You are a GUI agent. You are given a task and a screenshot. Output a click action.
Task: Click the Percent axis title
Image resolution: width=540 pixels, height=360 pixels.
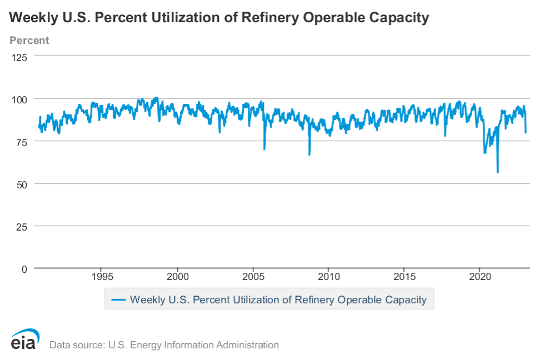pos(29,41)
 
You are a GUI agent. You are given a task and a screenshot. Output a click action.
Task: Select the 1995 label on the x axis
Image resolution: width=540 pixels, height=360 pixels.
pos(101,277)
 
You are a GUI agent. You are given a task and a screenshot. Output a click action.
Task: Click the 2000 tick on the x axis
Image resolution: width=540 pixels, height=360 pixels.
pos(177,277)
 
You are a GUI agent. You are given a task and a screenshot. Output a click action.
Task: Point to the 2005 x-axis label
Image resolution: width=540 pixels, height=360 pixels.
pos(253,277)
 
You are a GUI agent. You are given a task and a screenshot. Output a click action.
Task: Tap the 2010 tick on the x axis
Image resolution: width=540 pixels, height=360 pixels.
pos(329,277)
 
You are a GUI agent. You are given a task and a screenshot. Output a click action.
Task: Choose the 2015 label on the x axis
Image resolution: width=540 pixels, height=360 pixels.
pos(404,277)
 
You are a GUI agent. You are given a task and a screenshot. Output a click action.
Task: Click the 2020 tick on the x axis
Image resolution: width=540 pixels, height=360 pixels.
pos(480,277)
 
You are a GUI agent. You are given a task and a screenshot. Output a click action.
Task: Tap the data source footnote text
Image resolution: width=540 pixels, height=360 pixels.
pos(164,345)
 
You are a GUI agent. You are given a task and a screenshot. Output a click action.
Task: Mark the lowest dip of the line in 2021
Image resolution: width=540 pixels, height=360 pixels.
pos(498,172)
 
